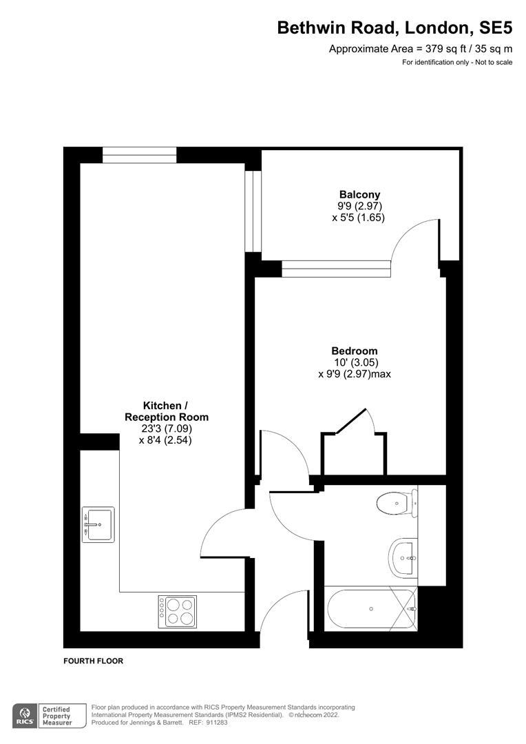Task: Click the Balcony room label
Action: tap(359, 194)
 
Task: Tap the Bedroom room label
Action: tap(355, 351)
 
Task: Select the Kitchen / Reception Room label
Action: tap(167, 411)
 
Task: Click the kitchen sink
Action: tap(98, 524)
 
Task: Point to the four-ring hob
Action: tap(178, 612)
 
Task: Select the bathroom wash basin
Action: tap(403, 557)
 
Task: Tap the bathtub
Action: tap(371, 609)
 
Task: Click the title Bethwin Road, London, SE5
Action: tap(394, 28)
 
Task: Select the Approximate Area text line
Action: tap(421, 48)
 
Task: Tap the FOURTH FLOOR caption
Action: tap(93, 661)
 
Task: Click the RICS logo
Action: tap(25, 716)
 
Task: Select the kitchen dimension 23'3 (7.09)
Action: tap(166, 429)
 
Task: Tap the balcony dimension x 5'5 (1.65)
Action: tap(359, 218)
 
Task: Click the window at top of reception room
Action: tap(140, 155)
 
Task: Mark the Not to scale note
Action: tap(494, 62)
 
